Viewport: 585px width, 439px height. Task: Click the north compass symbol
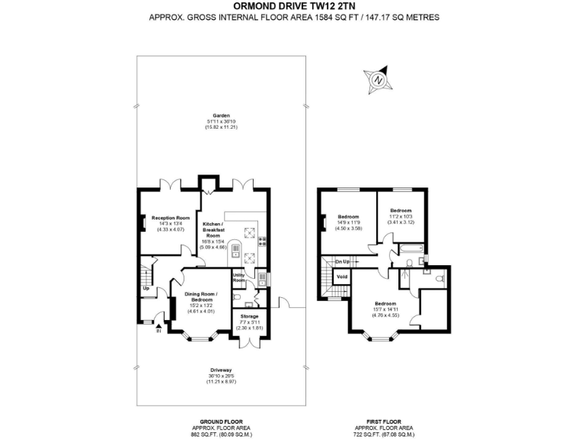point(378,79)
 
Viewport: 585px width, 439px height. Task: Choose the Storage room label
point(250,316)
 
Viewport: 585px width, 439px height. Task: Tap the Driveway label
point(222,370)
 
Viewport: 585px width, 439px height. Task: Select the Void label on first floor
point(342,276)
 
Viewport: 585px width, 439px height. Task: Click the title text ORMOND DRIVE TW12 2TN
point(293,6)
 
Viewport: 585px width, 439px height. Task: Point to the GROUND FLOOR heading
point(222,421)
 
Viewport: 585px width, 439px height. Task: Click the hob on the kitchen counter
point(263,242)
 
